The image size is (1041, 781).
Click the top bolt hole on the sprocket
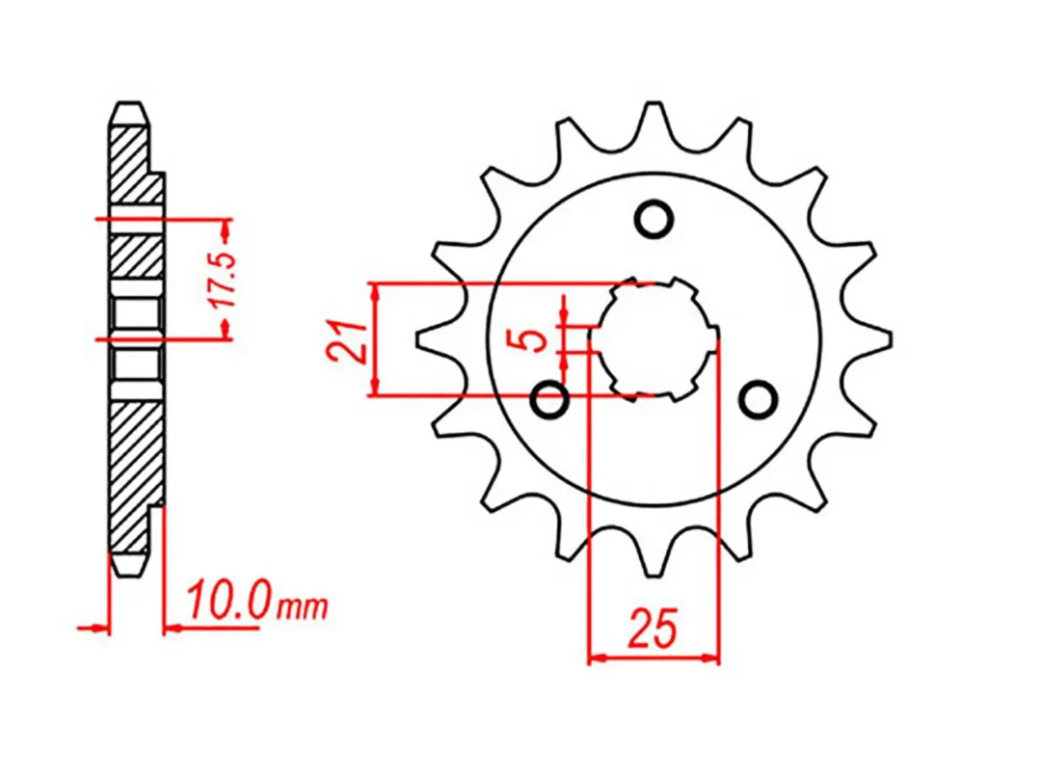654,219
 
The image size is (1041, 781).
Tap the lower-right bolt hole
759,398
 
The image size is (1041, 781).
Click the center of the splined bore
654,338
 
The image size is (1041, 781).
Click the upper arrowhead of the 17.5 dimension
227,229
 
